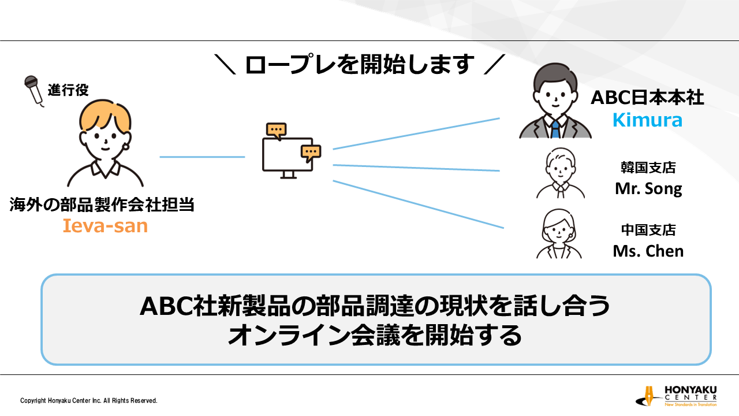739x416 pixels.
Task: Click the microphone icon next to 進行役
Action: (x=33, y=91)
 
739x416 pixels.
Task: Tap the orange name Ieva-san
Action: (x=105, y=226)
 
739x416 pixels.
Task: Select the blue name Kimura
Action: (x=647, y=120)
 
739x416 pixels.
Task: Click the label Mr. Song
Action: (x=648, y=189)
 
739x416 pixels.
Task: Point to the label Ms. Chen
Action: (x=648, y=251)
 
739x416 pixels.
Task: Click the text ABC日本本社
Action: (x=647, y=98)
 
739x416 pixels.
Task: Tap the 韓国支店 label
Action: (x=648, y=168)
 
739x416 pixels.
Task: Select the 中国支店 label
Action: (x=648, y=230)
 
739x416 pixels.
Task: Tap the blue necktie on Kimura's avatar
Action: (x=555, y=129)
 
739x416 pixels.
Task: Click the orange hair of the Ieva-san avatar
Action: (x=105, y=116)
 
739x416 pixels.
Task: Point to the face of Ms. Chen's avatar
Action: (x=559, y=232)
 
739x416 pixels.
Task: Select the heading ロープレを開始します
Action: (x=360, y=64)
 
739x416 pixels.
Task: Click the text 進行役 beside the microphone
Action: (x=68, y=90)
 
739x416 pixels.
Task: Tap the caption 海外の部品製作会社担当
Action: (x=102, y=205)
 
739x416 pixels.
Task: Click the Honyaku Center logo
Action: (x=676, y=396)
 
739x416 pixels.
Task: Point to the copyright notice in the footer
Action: (x=89, y=400)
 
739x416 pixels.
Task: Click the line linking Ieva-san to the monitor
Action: (x=202, y=157)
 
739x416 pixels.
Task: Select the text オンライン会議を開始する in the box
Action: (x=375, y=336)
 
